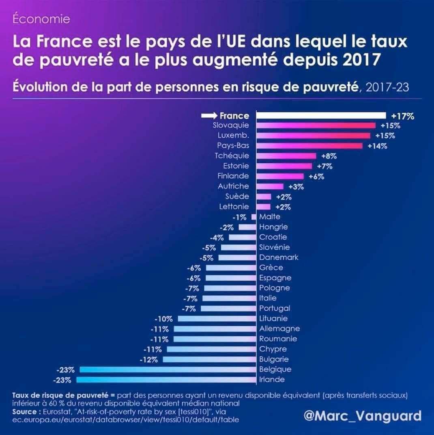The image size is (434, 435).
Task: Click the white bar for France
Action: [x=321, y=116]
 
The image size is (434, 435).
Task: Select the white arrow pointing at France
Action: [x=209, y=116]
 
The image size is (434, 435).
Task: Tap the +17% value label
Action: [x=403, y=116]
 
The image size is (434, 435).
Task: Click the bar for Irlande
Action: [x=166, y=380]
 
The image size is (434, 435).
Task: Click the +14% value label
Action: [x=377, y=146]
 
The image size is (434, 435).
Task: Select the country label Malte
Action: [x=270, y=216]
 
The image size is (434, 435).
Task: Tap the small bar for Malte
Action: [x=254, y=217]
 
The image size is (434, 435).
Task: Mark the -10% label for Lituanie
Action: [x=165, y=319]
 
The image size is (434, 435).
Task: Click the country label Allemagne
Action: [x=279, y=329]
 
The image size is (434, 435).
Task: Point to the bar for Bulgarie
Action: [x=209, y=359]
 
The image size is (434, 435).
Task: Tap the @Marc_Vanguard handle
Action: [x=362, y=416]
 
